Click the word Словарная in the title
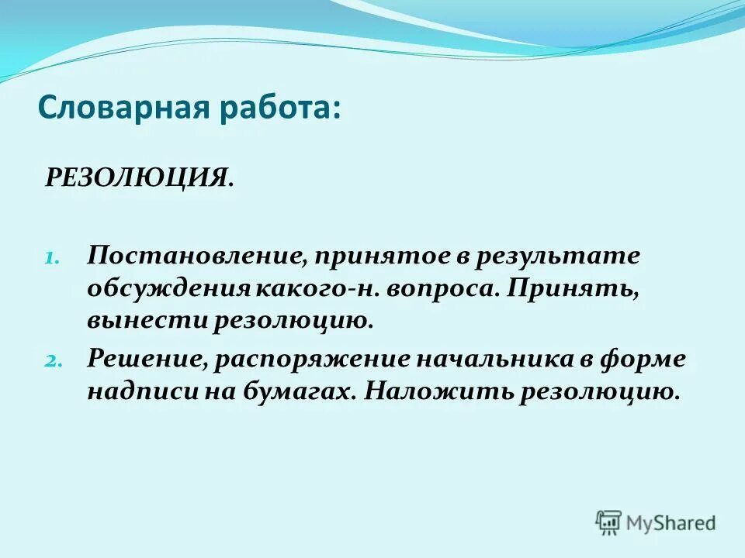119,106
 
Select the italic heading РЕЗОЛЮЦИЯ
137,177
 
